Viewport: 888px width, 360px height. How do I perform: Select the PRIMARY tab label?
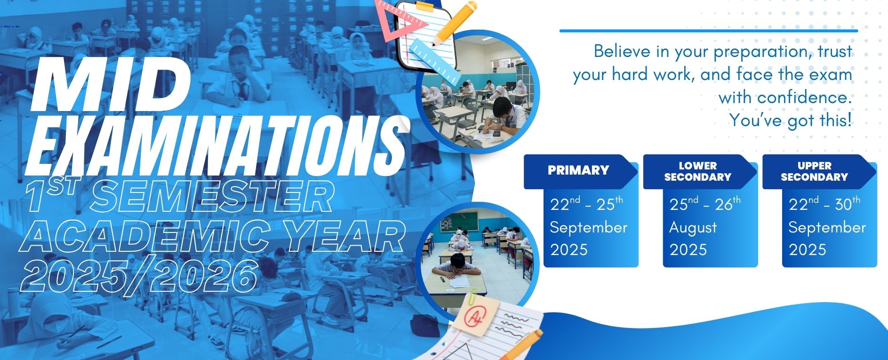[x=578, y=170]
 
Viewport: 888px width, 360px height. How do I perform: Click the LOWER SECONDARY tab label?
[x=697, y=171]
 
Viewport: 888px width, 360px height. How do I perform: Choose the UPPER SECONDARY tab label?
[x=814, y=171]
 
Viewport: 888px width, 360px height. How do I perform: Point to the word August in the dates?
[x=693, y=228]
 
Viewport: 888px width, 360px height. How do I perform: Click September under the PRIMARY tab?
[x=588, y=228]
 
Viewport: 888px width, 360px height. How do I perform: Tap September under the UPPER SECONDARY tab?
[x=827, y=228]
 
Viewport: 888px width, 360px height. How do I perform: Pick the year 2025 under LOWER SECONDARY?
[x=688, y=249]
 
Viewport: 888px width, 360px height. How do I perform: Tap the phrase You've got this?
[x=791, y=120]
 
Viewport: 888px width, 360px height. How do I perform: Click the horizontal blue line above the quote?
[x=709, y=31]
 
